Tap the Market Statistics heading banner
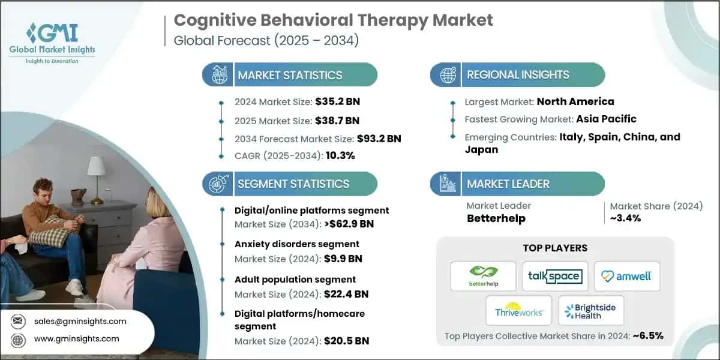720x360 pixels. click(x=290, y=75)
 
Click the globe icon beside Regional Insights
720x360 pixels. click(x=448, y=75)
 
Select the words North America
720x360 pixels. click(x=575, y=101)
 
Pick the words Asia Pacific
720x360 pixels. click(x=598, y=119)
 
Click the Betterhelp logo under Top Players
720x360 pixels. click(x=483, y=276)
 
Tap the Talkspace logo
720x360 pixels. click(x=554, y=276)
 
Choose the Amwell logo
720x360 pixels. click(x=626, y=276)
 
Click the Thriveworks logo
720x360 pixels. click(x=519, y=311)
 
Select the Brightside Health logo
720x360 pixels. click(x=591, y=311)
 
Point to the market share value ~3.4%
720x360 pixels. click(x=626, y=218)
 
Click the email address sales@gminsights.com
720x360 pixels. click(x=80, y=321)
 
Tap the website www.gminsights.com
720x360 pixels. click(x=76, y=338)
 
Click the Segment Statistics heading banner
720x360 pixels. click(x=293, y=184)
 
